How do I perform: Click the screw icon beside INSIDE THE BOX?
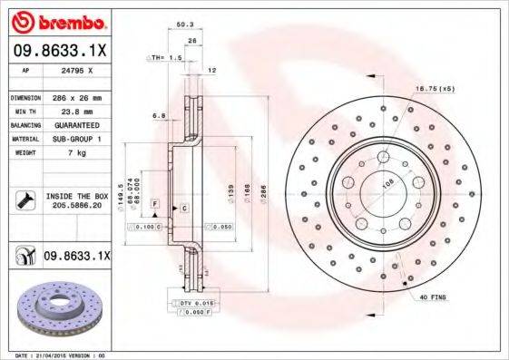click(x=23, y=201)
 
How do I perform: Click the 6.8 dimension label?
click(x=159, y=115)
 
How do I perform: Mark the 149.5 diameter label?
click(x=123, y=193)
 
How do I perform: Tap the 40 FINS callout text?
click(x=432, y=297)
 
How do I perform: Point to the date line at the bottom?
click(x=57, y=355)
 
